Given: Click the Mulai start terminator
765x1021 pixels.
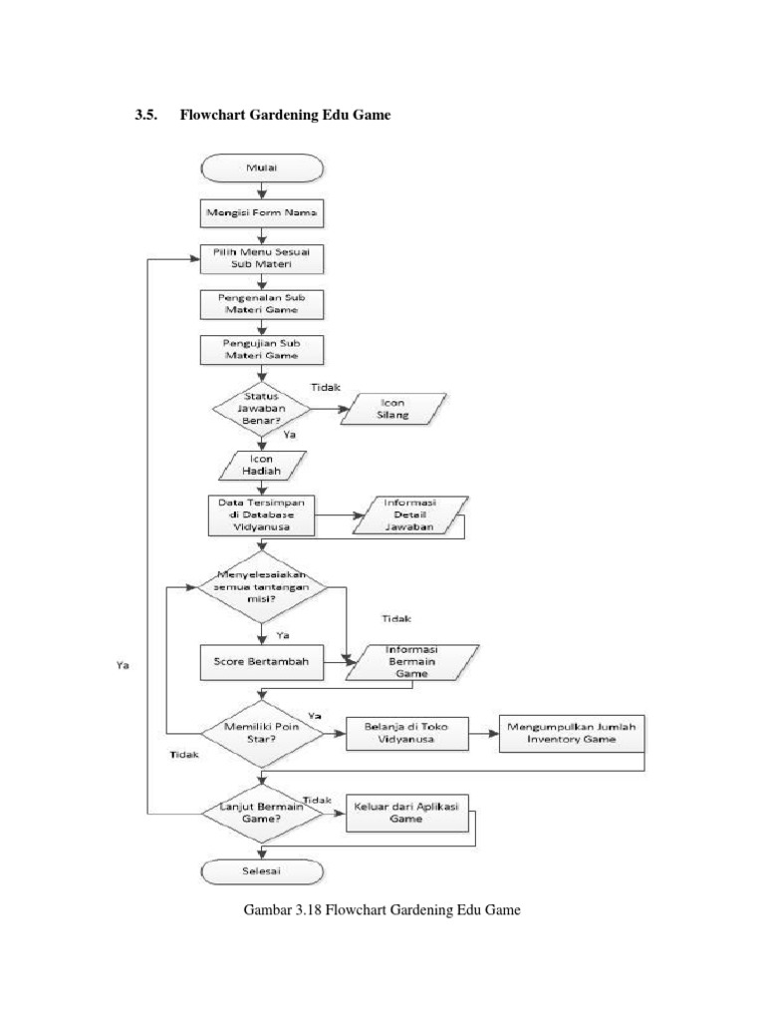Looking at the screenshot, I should pos(261,169).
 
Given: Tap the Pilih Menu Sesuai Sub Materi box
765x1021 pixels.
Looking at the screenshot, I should pos(261,258).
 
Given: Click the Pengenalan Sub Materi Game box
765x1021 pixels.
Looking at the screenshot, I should pos(261,303).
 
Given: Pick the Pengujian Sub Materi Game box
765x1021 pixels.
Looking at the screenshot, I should pos(261,348).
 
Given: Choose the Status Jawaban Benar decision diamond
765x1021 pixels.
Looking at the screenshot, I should pos(261,408).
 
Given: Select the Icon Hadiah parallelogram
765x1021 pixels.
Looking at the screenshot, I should pos(261,465).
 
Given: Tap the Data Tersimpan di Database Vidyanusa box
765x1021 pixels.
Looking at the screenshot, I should pos(261,515).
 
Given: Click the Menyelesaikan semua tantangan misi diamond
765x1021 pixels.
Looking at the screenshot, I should pos(261,587).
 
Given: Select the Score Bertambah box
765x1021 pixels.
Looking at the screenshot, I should pos(261,660).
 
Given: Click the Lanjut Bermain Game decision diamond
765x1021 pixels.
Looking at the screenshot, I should pos(261,812).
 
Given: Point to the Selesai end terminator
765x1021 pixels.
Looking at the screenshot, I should pos(261,870).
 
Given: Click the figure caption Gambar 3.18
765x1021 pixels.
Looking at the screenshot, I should pos(382,910).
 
